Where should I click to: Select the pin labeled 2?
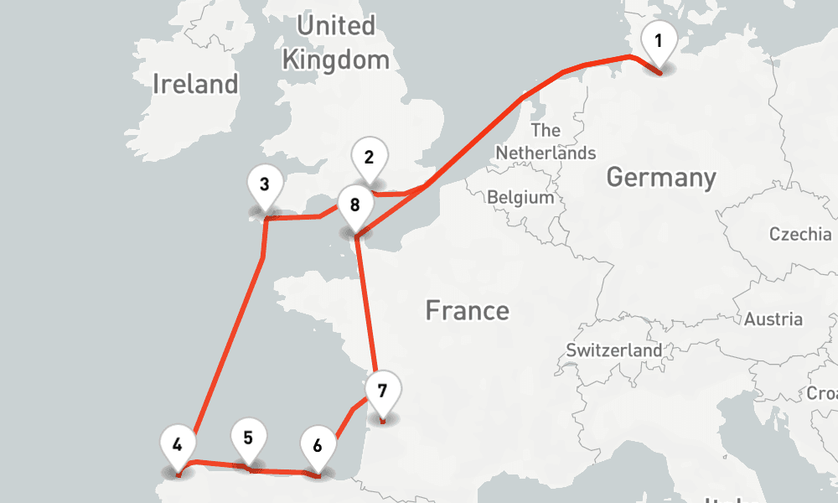click(x=370, y=157)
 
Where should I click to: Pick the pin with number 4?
click(x=177, y=444)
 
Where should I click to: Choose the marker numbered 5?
click(x=248, y=438)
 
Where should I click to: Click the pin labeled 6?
click(x=317, y=445)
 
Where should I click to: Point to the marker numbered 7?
click(x=382, y=392)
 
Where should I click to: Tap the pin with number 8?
click(x=355, y=205)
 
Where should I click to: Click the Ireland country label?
click(x=196, y=84)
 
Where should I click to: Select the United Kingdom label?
click(x=336, y=43)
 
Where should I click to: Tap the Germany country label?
click(x=661, y=178)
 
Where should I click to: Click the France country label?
click(x=467, y=311)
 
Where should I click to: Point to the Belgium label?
click(x=520, y=198)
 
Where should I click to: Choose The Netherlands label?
click(x=546, y=142)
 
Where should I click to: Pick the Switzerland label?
click(x=613, y=350)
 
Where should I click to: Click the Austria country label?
click(x=773, y=319)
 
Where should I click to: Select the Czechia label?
click(x=800, y=234)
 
